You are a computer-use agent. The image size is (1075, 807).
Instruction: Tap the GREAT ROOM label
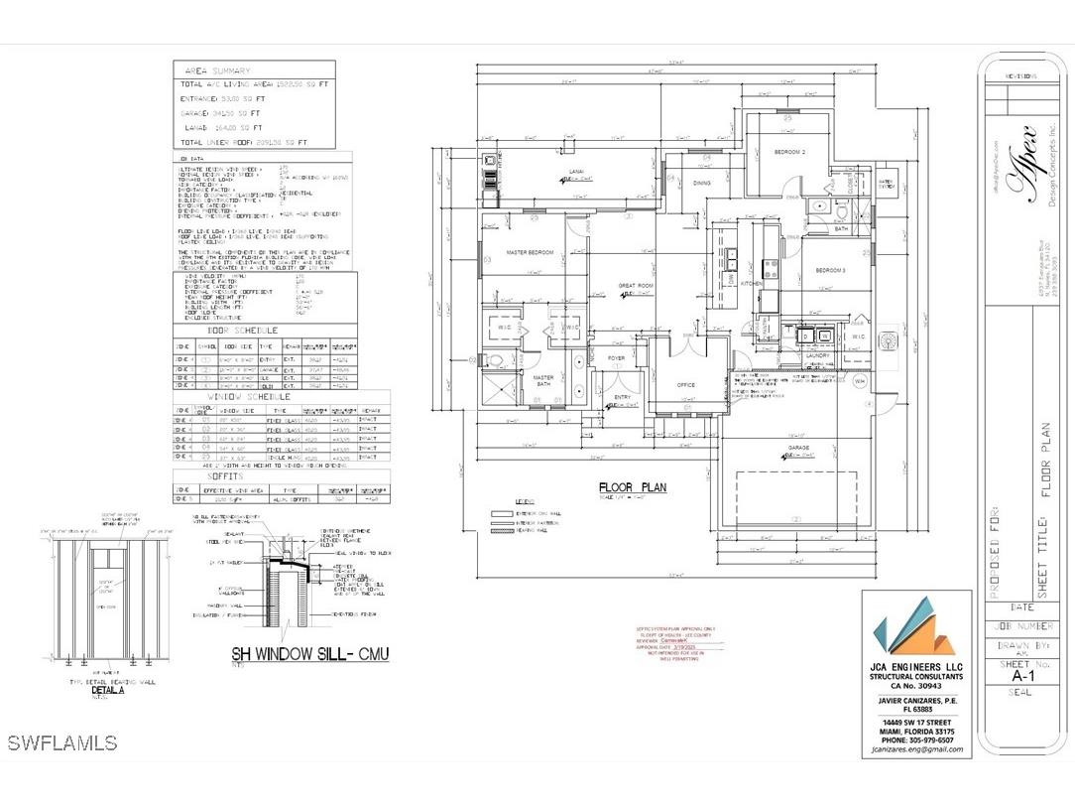[634, 285]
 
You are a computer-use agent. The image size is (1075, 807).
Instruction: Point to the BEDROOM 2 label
[789, 151]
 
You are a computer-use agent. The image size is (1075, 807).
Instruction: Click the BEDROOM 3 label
[830, 270]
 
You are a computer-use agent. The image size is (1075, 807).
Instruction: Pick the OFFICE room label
[686, 384]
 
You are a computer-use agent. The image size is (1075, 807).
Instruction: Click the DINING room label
[702, 183]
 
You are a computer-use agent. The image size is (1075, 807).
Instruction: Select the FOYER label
[616, 359]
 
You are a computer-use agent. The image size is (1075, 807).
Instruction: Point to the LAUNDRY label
[818, 354]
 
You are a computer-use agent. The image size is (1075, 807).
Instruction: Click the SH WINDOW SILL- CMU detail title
[309, 653]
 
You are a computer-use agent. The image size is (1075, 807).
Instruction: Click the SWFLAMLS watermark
[61, 742]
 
